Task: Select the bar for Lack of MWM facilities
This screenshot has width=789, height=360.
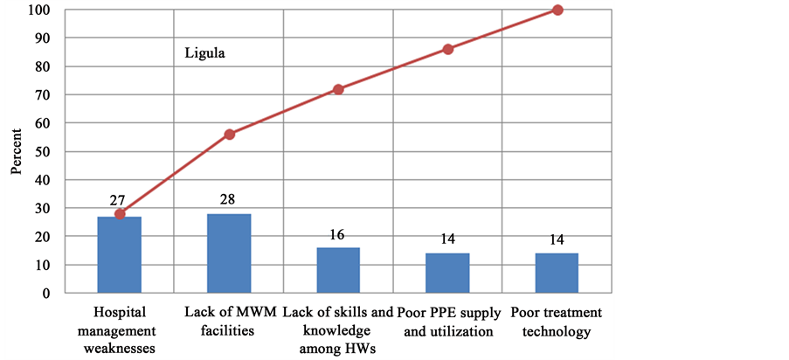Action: pyautogui.click(x=229, y=253)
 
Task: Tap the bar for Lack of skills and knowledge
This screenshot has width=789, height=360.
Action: pyautogui.click(x=338, y=270)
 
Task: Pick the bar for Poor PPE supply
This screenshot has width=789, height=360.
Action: pyautogui.click(x=447, y=273)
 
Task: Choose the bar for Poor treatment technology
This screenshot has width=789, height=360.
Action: pyautogui.click(x=557, y=273)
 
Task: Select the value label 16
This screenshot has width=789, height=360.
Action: pyautogui.click(x=338, y=234)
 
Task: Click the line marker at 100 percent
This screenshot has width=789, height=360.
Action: pyautogui.click(x=557, y=10)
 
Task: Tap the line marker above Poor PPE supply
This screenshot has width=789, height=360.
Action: pyautogui.click(x=448, y=49)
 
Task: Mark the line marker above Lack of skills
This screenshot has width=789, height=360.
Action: pyautogui.click(x=338, y=89)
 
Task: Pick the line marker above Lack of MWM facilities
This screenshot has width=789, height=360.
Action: pyautogui.click(x=229, y=135)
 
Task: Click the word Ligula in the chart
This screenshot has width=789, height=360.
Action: pyautogui.click(x=204, y=52)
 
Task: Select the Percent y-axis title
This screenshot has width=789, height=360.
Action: pyautogui.click(x=17, y=152)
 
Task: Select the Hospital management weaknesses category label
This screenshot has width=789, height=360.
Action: pyautogui.click(x=120, y=332)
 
